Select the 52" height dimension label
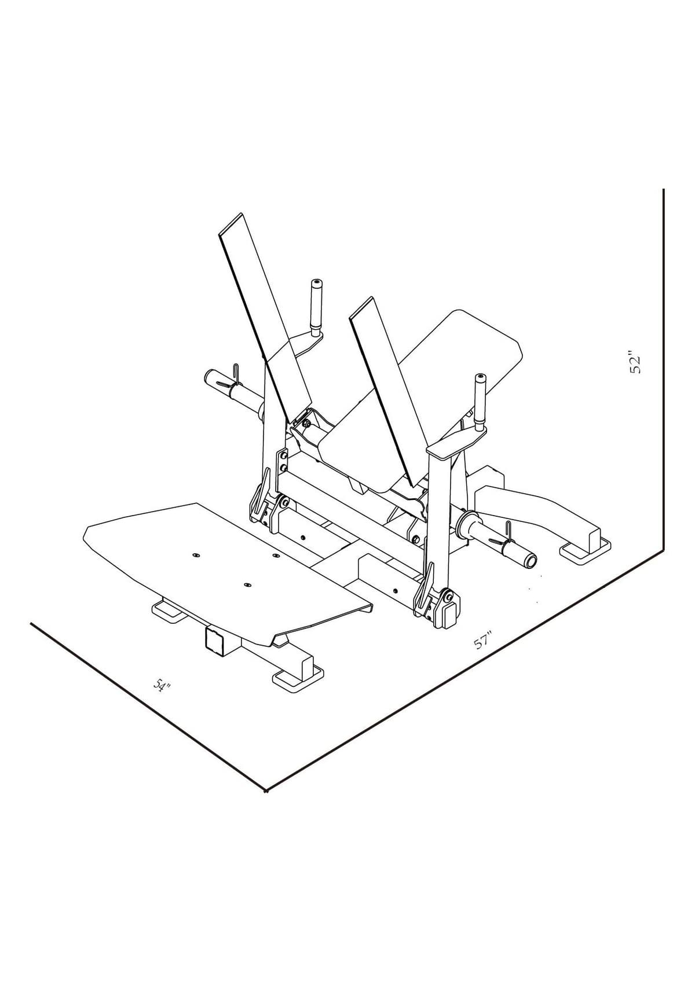[x=635, y=362]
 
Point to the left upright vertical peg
[x=316, y=307]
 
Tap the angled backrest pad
[x=421, y=395]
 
